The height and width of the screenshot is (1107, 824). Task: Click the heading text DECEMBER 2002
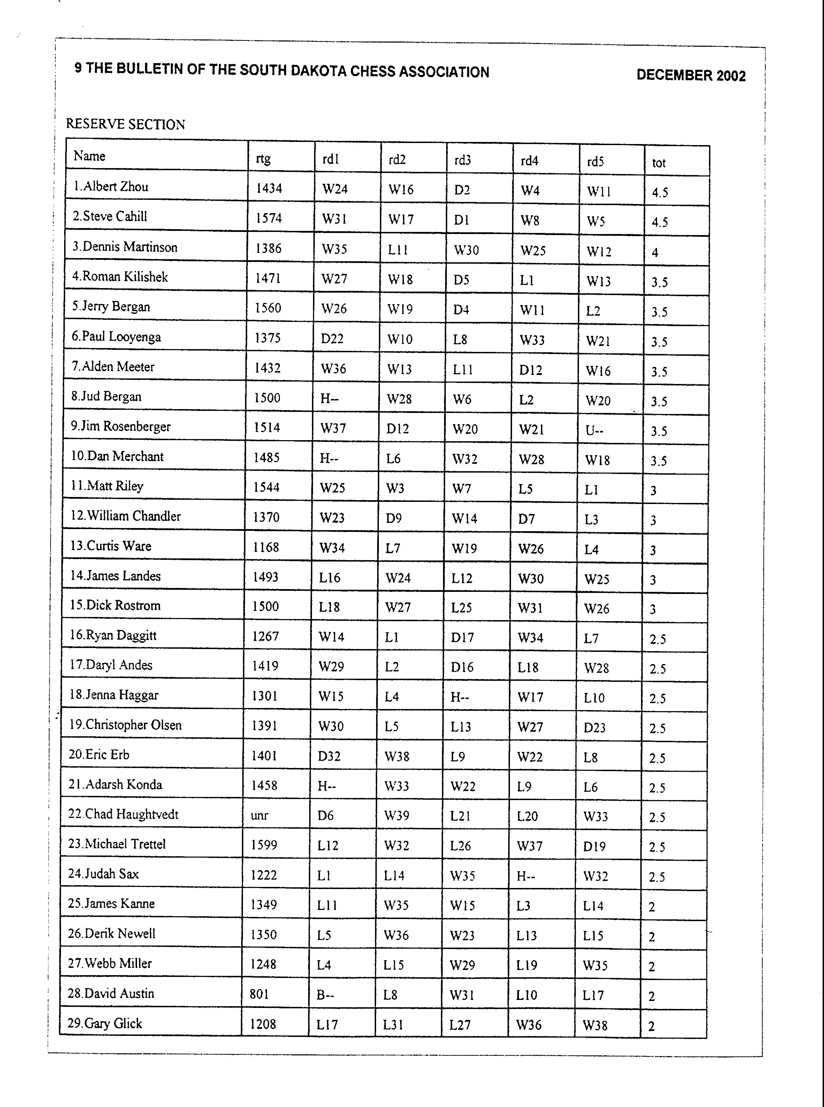point(691,75)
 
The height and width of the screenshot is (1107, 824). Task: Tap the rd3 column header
point(463,160)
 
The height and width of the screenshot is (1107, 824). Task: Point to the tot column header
point(658,163)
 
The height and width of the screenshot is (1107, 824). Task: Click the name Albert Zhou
point(111,187)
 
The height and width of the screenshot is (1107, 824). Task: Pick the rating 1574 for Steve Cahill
point(268,218)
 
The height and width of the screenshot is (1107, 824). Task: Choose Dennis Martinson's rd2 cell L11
point(398,250)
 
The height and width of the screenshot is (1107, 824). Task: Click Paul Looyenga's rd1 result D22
point(332,338)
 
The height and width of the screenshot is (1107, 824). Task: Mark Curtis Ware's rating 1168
point(266,547)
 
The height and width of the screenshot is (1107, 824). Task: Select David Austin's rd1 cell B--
point(325,995)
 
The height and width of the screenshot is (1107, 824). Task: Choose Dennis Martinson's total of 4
point(655,253)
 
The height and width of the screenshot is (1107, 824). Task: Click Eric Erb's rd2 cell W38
point(397,756)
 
